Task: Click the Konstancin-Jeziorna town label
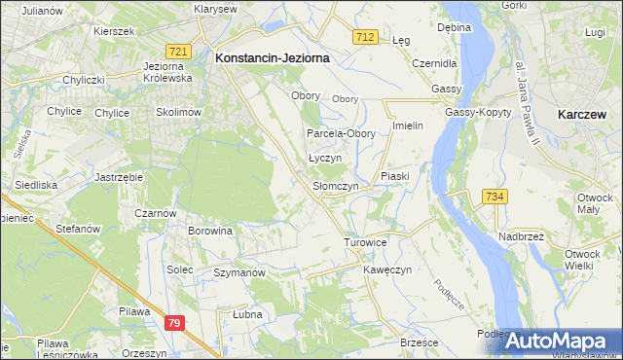click(x=272, y=58)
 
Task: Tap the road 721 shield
click(x=177, y=51)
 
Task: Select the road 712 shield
click(x=365, y=36)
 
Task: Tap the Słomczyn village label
click(x=336, y=186)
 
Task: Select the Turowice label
click(x=366, y=241)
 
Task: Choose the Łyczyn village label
click(x=325, y=158)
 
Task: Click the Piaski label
click(x=397, y=176)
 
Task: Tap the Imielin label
click(x=409, y=127)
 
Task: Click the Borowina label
click(x=211, y=232)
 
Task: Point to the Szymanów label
click(x=239, y=273)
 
